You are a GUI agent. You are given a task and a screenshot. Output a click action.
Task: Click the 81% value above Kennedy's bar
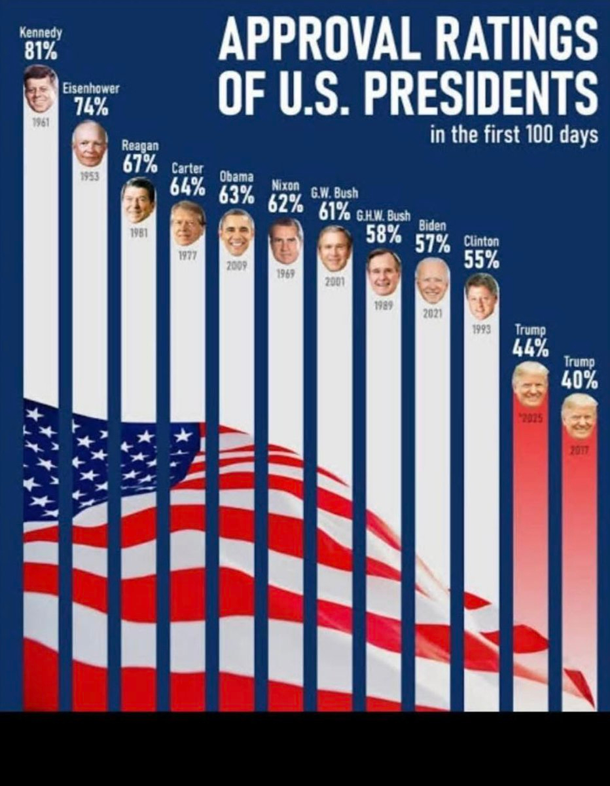pos(40,49)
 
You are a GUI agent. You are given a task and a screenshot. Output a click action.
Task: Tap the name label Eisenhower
pos(91,90)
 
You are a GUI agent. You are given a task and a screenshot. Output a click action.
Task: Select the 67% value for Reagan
pos(139,164)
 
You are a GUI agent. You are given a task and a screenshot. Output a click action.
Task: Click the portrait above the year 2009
pos(236,232)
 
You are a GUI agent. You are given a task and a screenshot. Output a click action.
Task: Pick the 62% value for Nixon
pos(285,203)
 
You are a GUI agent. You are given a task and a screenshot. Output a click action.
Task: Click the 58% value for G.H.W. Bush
pos(384,233)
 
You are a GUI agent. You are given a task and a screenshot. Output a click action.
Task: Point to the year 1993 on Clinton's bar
pos(481,330)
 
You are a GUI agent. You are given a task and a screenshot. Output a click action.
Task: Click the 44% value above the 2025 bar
pos(530,348)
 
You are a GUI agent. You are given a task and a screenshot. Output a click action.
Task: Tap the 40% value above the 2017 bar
pos(579,379)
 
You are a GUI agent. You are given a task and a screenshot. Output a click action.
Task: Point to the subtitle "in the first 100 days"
pos(514,136)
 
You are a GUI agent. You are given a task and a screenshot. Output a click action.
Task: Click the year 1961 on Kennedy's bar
pos(40,122)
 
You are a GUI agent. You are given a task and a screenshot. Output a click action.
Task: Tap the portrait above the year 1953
pos(90,143)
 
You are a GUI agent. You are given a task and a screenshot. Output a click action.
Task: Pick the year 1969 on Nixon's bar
pos(285,274)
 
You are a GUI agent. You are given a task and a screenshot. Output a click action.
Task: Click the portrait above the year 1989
pos(384,271)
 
